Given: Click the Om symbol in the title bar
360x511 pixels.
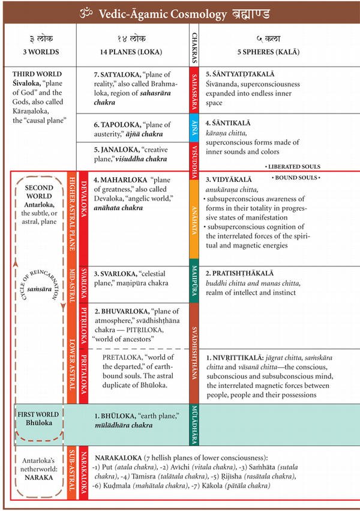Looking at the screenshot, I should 92,11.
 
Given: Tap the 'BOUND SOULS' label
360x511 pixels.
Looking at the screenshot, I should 296,178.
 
